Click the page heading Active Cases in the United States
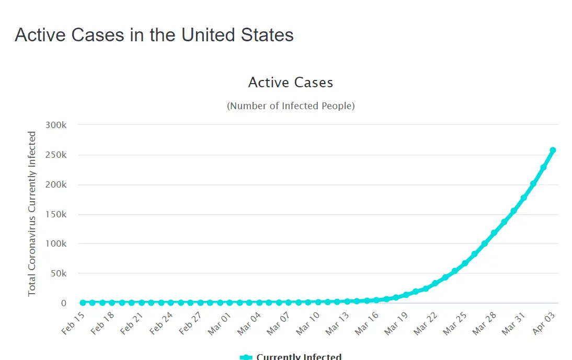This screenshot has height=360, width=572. (x=154, y=35)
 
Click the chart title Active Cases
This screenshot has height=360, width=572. (x=290, y=83)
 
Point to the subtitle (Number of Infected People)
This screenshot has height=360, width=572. (x=290, y=106)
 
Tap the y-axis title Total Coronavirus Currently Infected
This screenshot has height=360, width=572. (x=32, y=214)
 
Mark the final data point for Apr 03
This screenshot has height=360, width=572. (x=553, y=150)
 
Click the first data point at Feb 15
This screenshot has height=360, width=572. (x=83, y=303)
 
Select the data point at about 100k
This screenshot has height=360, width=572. (x=484, y=243)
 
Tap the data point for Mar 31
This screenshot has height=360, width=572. (x=523, y=198)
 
